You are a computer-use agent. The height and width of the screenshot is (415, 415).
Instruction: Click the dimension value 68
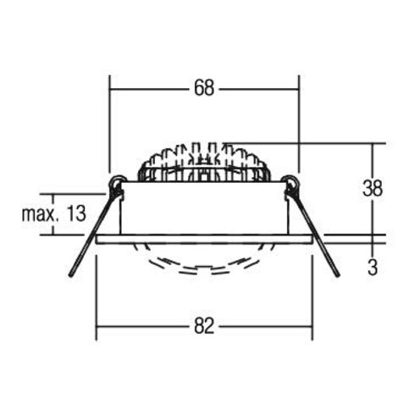(x=203, y=87)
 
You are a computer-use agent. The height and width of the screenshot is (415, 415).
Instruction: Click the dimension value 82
(x=204, y=325)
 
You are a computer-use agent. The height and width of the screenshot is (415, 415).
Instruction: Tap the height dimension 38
(x=373, y=188)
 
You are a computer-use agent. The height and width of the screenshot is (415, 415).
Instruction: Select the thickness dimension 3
(x=373, y=268)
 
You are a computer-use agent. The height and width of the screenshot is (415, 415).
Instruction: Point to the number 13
(x=75, y=213)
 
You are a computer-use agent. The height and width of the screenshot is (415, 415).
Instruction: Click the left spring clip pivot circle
(x=117, y=182)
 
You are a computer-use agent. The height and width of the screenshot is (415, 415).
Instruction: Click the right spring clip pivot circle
(x=290, y=182)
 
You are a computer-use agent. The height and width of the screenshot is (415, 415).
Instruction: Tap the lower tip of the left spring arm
(x=72, y=276)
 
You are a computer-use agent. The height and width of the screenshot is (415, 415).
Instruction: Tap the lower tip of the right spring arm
(x=336, y=275)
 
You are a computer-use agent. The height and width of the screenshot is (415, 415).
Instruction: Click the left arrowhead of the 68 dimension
(x=113, y=87)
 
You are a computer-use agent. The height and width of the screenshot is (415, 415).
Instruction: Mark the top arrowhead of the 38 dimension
(x=372, y=147)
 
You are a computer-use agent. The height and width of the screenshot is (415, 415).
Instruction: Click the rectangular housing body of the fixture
(x=204, y=208)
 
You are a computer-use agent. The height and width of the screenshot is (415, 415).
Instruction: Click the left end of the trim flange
(x=99, y=239)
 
